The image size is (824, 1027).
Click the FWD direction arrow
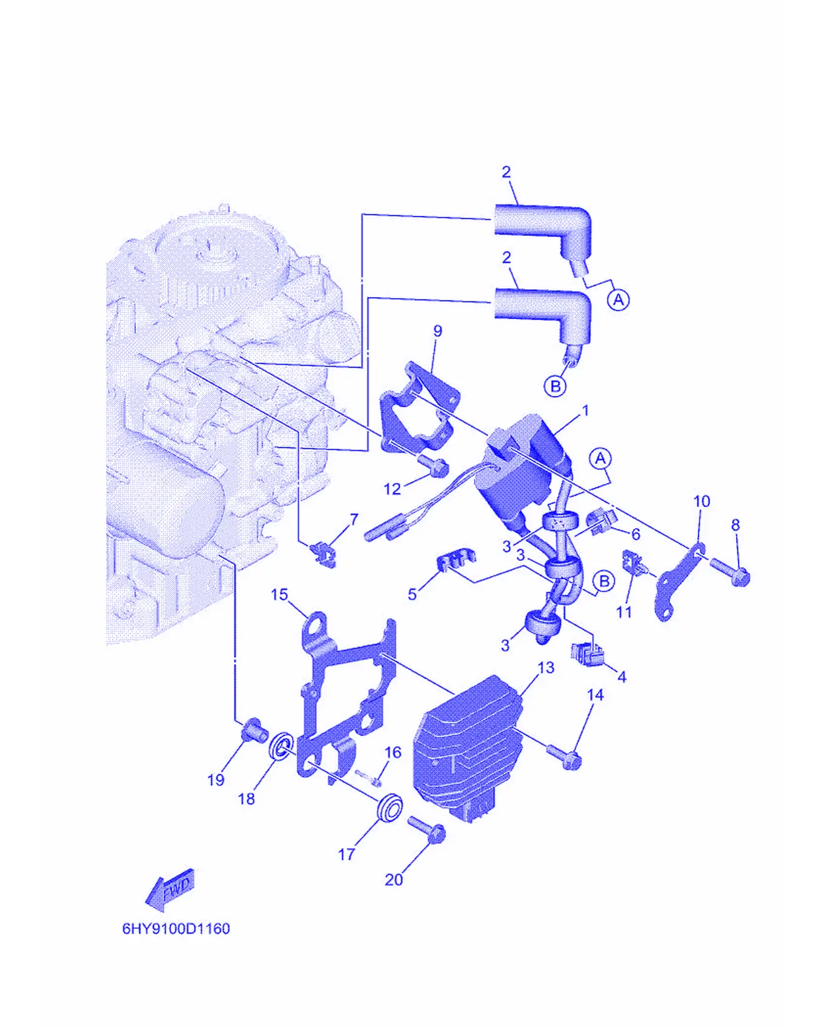click(x=170, y=889)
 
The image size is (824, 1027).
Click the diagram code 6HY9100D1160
click(x=176, y=929)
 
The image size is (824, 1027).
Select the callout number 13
click(x=546, y=667)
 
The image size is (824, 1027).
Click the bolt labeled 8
click(x=730, y=569)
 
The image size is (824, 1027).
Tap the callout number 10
click(x=702, y=501)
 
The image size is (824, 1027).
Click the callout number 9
click(x=438, y=331)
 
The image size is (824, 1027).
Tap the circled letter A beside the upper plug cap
click(x=618, y=299)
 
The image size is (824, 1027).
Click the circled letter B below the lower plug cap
click(x=555, y=386)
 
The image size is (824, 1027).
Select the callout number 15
click(x=279, y=595)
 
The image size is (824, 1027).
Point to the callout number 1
click(x=585, y=411)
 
